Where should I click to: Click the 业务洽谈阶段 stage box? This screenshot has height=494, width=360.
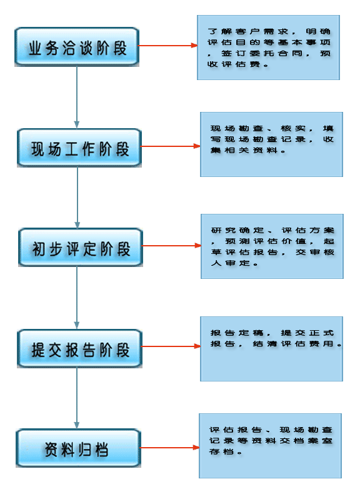point(77,47)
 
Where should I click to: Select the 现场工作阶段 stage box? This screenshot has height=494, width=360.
point(79,148)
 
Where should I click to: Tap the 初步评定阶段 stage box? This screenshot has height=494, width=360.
point(81,248)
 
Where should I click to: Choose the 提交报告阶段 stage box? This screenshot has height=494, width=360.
point(79,349)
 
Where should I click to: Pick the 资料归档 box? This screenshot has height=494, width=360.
point(78,448)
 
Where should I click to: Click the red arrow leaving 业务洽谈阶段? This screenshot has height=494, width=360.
point(168,46)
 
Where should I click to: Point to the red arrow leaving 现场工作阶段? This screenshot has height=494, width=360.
point(171,146)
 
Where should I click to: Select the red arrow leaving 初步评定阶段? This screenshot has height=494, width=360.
point(172,245)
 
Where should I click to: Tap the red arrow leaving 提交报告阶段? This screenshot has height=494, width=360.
point(171,346)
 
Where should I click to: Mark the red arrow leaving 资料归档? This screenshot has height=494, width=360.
point(170,447)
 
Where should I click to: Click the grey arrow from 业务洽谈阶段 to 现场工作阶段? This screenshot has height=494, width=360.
point(76,98)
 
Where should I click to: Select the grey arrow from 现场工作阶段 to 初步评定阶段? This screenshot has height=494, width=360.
point(77,198)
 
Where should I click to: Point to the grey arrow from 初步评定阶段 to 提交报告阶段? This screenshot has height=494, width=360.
point(76,298)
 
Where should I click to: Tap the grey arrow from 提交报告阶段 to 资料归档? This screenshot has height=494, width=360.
point(76,398)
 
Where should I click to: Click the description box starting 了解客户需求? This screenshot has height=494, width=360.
point(268,48)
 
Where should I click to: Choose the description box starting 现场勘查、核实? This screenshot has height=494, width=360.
point(271,144)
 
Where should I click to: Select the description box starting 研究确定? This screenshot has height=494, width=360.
point(272,246)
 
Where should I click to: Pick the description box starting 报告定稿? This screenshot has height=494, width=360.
point(271,349)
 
